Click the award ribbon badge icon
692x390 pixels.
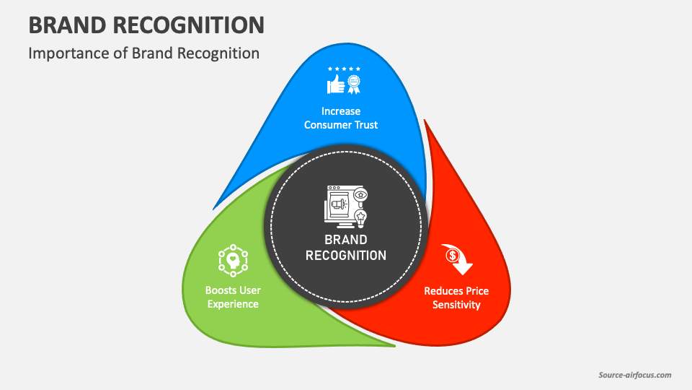353,85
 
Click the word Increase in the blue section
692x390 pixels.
341,111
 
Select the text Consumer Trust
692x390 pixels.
341,125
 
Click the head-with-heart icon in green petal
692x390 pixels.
233,261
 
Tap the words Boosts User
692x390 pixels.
233,290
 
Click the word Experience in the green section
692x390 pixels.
233,304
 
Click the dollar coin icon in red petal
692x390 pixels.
452,254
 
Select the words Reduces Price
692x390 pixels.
456,291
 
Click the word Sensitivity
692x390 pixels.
456,305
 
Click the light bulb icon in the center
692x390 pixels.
360,216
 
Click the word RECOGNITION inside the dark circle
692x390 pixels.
346,255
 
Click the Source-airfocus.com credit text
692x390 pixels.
635,375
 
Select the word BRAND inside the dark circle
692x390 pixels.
346,239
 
